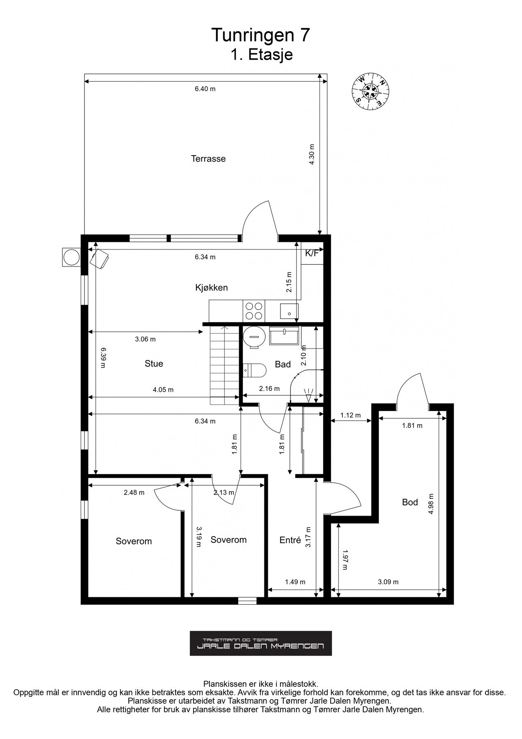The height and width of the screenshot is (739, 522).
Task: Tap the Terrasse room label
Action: tap(208, 158)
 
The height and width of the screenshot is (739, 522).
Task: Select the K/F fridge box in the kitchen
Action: tap(311, 254)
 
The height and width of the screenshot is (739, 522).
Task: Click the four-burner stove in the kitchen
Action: tap(253, 311)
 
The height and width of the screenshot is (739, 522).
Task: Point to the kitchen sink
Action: tap(289, 311)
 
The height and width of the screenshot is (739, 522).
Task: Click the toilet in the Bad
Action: tap(255, 370)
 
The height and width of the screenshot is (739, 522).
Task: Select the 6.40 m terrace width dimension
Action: tap(205, 89)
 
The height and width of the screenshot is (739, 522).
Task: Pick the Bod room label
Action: tap(410, 502)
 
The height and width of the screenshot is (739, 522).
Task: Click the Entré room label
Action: tap(290, 540)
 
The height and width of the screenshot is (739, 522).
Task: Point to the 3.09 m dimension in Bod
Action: tap(388, 582)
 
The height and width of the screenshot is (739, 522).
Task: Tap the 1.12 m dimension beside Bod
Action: tap(351, 415)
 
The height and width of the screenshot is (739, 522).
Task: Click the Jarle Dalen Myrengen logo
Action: tap(261, 643)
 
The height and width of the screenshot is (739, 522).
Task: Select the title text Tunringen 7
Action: tap(260, 35)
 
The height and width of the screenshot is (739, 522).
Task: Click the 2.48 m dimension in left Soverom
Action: tap(134, 493)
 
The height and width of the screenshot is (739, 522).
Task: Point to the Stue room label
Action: tap(154, 363)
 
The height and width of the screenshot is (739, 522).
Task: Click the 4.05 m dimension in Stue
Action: tap(163, 390)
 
